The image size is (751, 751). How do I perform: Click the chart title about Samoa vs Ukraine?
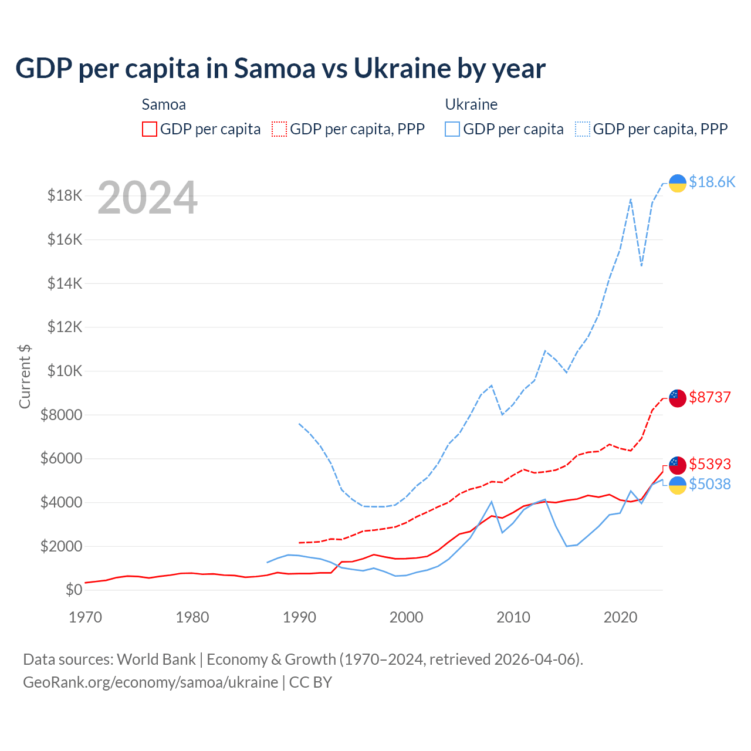click(x=280, y=69)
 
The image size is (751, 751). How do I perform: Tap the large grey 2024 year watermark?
click(x=147, y=198)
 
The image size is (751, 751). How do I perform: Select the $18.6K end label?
click(x=712, y=182)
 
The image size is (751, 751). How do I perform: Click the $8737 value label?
click(x=710, y=397)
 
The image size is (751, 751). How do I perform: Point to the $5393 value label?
click(x=710, y=464)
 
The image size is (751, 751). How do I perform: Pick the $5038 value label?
click(x=710, y=484)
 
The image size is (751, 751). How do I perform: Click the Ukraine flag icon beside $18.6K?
click(x=678, y=183)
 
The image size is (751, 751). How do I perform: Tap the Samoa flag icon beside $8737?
click(x=678, y=398)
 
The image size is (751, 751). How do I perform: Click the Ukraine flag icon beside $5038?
click(x=678, y=485)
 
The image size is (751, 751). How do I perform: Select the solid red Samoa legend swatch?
click(x=150, y=129)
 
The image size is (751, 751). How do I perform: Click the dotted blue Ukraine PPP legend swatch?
click(x=583, y=129)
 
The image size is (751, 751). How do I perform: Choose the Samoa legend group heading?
click(x=164, y=104)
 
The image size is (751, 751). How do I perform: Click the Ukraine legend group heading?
click(x=471, y=104)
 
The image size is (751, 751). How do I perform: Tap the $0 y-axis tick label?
click(x=74, y=590)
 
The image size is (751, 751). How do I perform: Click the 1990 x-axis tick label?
click(x=299, y=617)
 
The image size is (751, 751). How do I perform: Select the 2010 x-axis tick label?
click(x=513, y=617)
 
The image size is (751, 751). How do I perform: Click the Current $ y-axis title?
click(x=25, y=376)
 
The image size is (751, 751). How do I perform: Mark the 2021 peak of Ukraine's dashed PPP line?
click(x=631, y=199)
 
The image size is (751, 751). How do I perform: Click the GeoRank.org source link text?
click(x=150, y=682)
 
